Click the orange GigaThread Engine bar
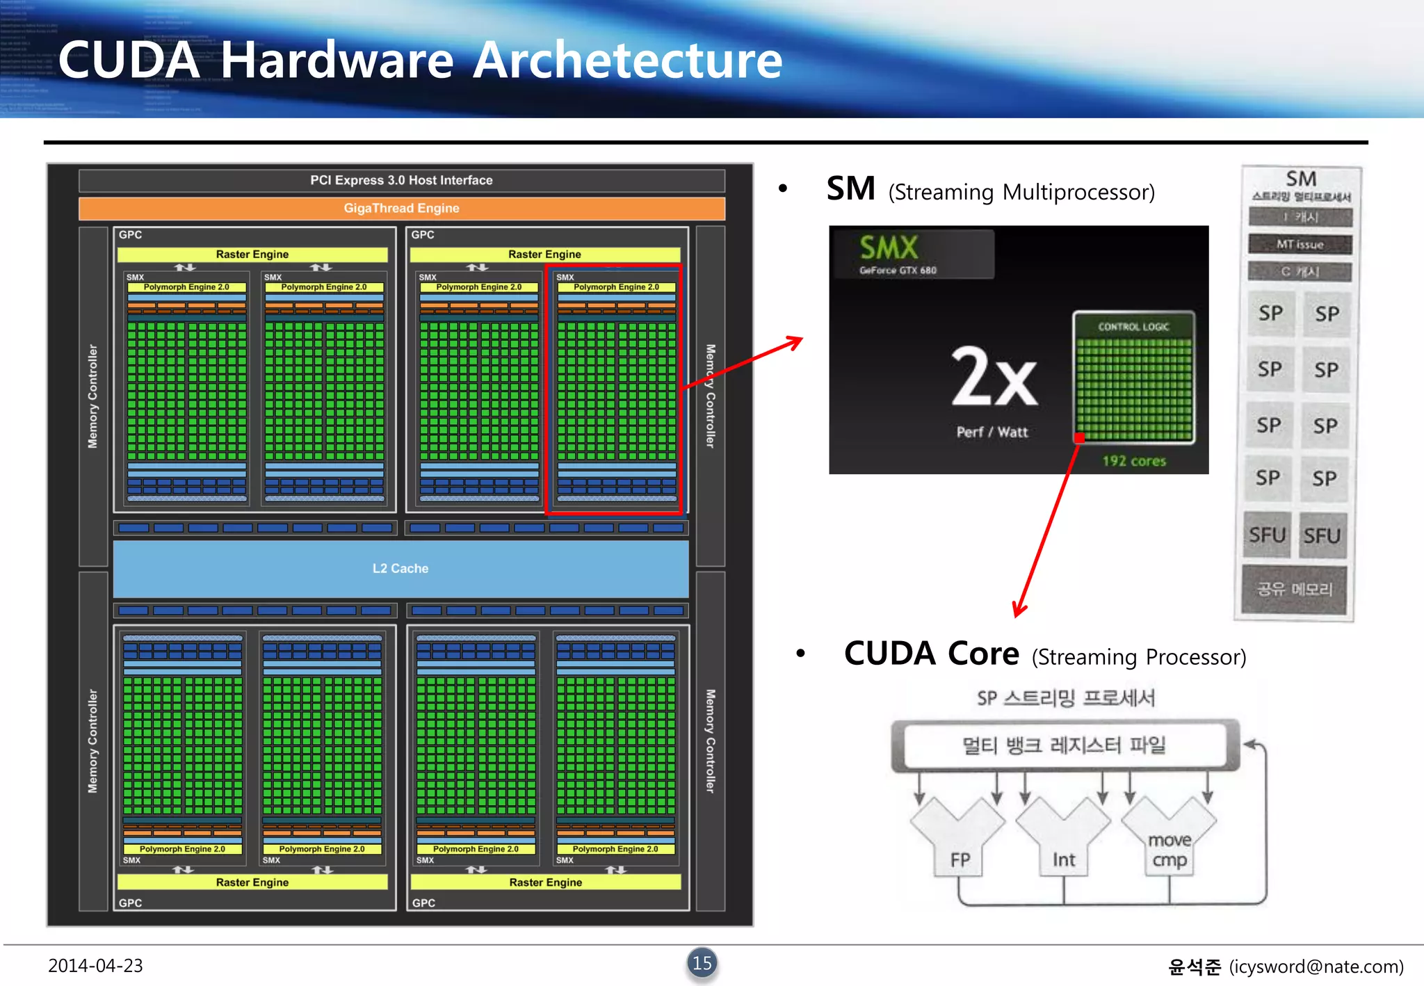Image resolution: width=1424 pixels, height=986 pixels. click(401, 208)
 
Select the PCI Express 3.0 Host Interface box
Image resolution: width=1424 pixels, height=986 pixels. click(401, 180)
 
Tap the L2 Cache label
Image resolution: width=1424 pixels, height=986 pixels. click(400, 568)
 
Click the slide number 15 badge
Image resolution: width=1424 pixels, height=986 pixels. click(702, 963)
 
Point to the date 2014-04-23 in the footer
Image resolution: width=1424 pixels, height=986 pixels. click(95, 966)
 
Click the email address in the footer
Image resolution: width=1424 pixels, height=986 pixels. click(1316, 967)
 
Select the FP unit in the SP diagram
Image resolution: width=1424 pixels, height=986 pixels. click(960, 860)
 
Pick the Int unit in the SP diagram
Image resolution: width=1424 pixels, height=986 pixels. click(1064, 860)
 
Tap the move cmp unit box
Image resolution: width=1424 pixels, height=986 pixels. click(1170, 850)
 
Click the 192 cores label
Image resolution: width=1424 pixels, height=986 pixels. click(1134, 461)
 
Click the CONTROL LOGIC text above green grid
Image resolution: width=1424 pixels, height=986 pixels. click(1133, 327)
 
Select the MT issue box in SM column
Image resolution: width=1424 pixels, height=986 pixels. click(1300, 245)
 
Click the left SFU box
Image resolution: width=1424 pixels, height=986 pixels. click(1267, 535)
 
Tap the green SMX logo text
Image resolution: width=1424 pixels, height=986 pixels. click(889, 248)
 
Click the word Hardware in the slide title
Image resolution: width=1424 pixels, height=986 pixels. click(337, 60)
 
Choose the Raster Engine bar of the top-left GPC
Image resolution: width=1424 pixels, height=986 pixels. click(252, 254)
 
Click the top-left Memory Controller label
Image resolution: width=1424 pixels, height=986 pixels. click(93, 396)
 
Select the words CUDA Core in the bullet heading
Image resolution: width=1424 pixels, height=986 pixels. click(931, 654)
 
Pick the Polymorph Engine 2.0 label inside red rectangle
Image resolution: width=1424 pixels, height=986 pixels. click(616, 287)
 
